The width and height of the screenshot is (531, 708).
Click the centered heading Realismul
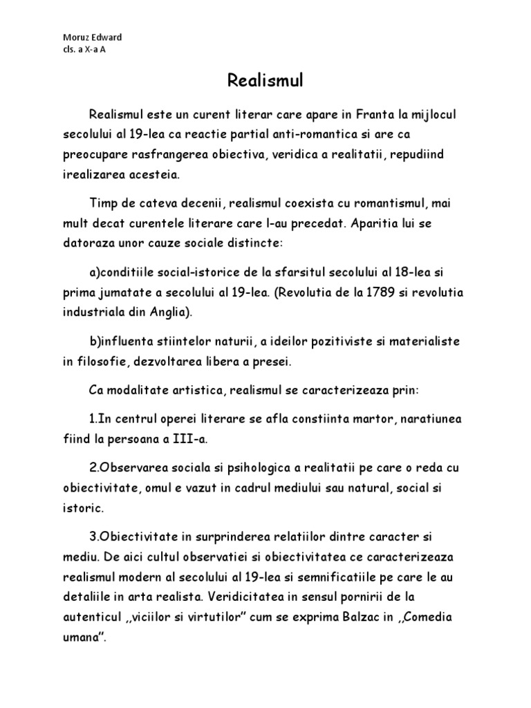(265, 82)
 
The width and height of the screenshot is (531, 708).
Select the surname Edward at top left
(106, 37)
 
